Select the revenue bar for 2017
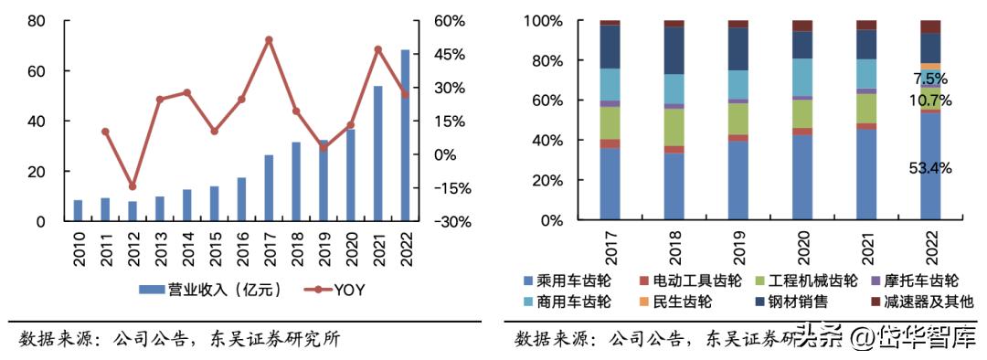(x=269, y=188)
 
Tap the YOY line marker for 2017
(x=269, y=40)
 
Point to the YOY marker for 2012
(x=133, y=186)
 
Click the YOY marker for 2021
(x=378, y=49)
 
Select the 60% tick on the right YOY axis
(x=447, y=21)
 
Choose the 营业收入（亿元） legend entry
(x=209, y=290)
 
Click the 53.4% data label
(x=929, y=168)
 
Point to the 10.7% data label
(x=929, y=101)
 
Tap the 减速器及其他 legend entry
(x=917, y=301)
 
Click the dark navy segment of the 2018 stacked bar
(x=674, y=50)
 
